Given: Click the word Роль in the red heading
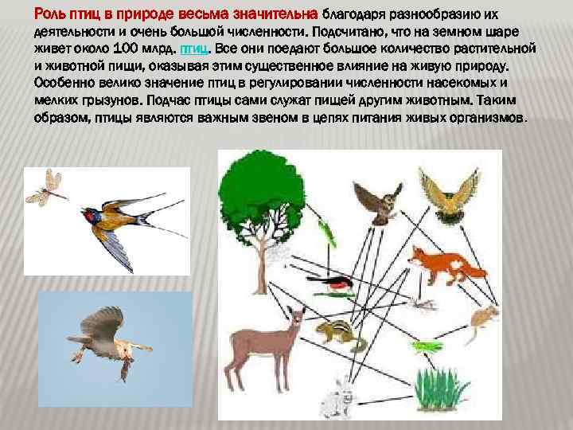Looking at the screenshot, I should [49, 13].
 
